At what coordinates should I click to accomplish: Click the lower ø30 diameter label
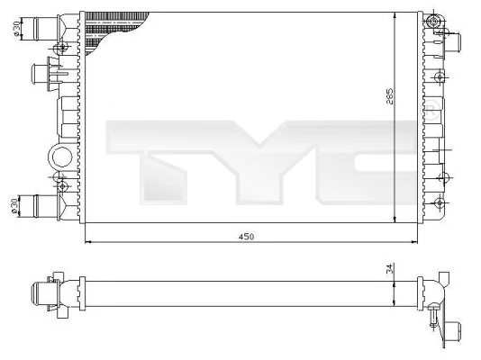pos(16,205)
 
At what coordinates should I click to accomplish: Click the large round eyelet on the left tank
pos(59,156)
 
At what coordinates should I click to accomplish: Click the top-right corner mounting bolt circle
pos(435,21)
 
